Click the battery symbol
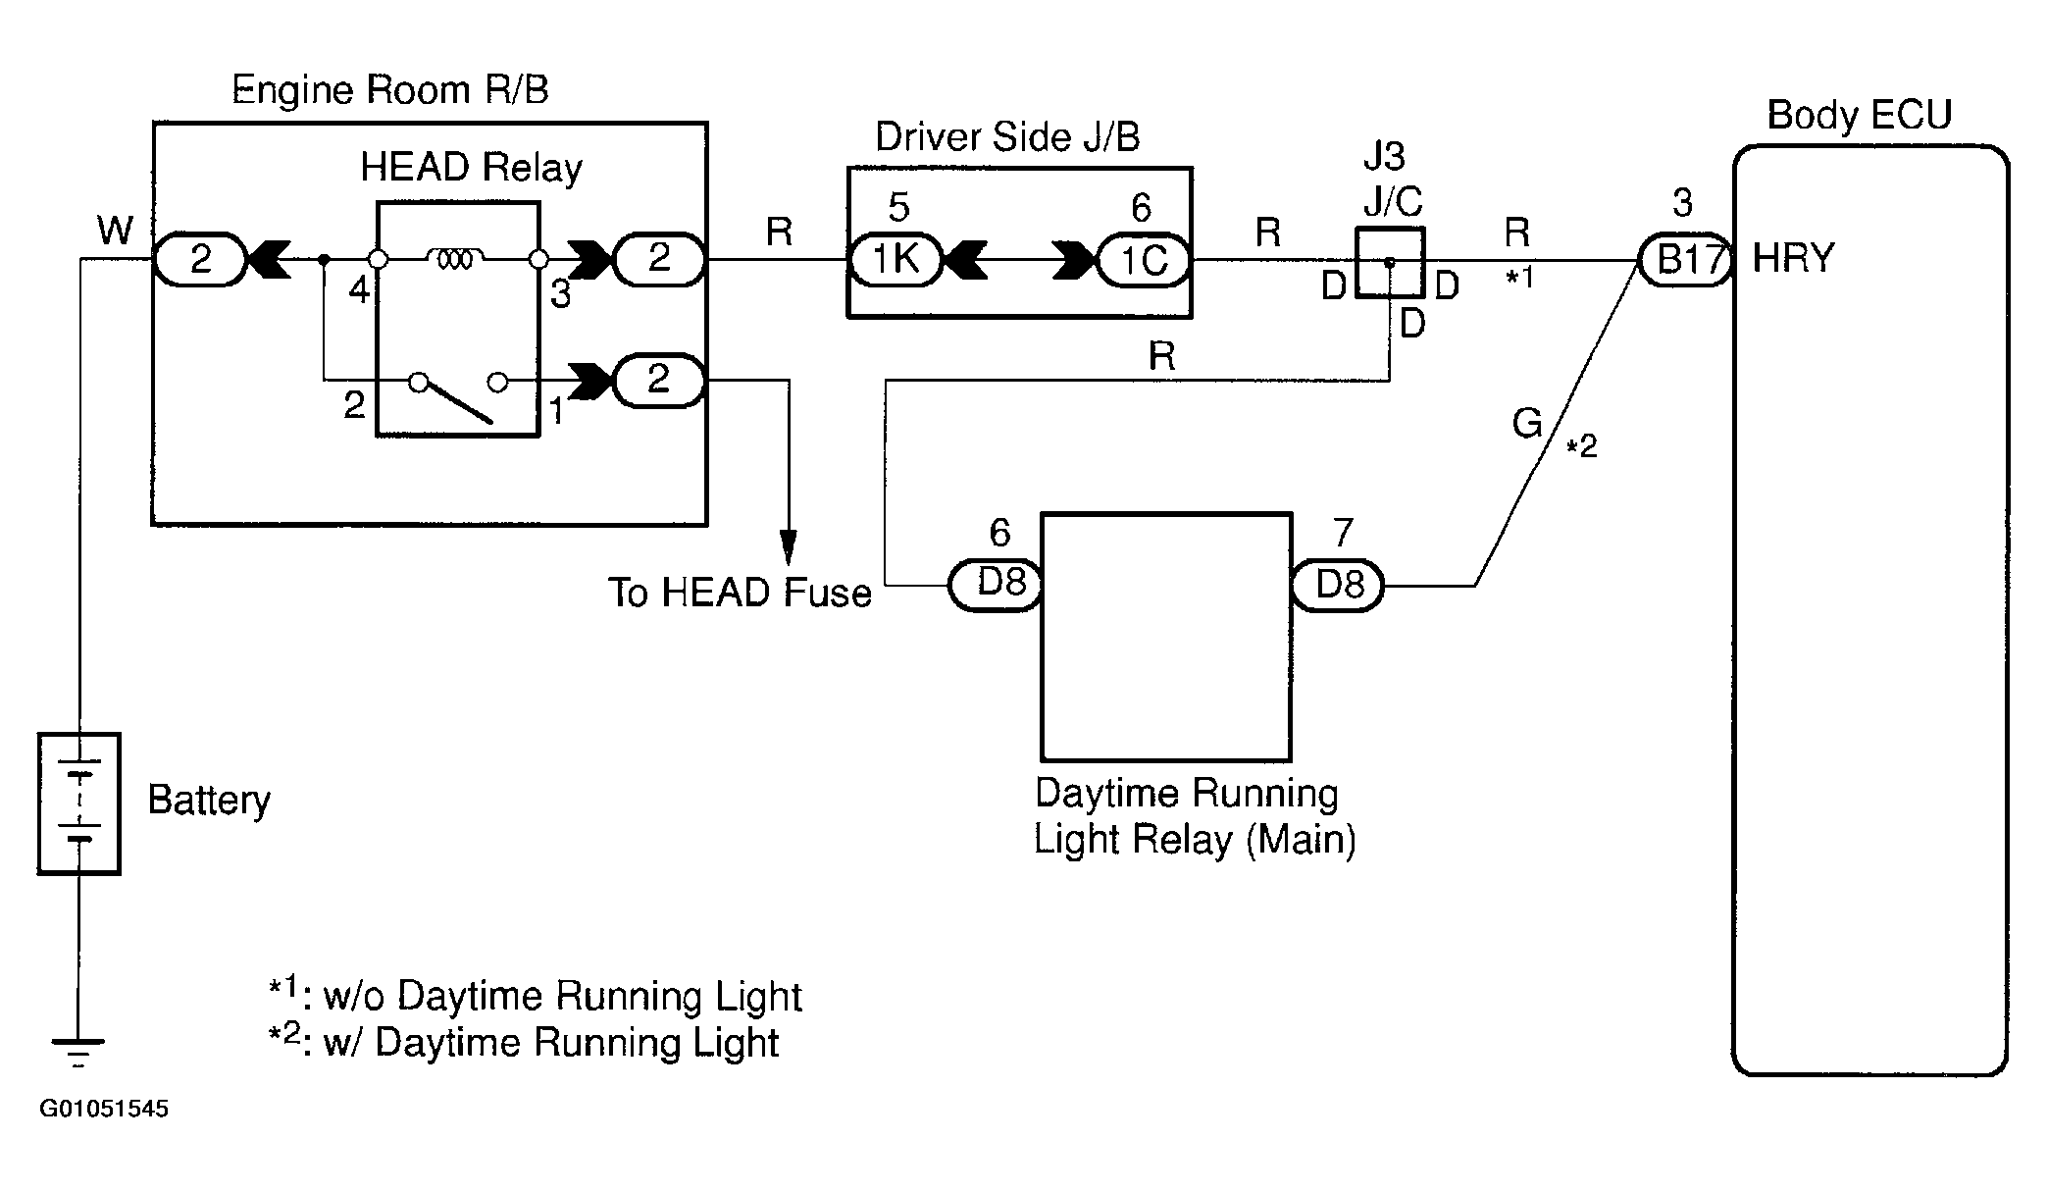pos(78,803)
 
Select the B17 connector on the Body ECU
pos(1686,260)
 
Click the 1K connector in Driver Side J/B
pos(895,260)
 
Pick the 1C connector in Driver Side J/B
pos(1143,260)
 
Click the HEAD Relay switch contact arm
pos(454,402)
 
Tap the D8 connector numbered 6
pos(996,586)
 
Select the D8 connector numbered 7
pos(1338,586)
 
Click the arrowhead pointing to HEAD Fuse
pos(788,546)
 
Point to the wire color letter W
pos(116,232)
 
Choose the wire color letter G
pos(1528,424)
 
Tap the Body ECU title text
pos(1860,115)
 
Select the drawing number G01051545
pos(104,1110)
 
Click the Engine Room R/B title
pos(390,90)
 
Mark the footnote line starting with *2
pos(525,1042)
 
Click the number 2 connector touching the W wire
pos(199,259)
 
